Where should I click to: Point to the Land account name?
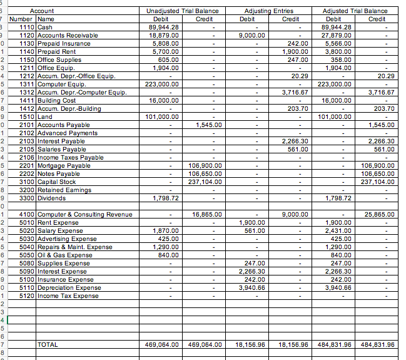click(45, 116)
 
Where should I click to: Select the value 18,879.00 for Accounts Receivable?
click(162, 35)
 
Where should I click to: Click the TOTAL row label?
click(48, 344)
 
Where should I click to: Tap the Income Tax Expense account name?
click(68, 296)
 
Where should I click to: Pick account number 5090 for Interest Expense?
click(27, 271)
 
